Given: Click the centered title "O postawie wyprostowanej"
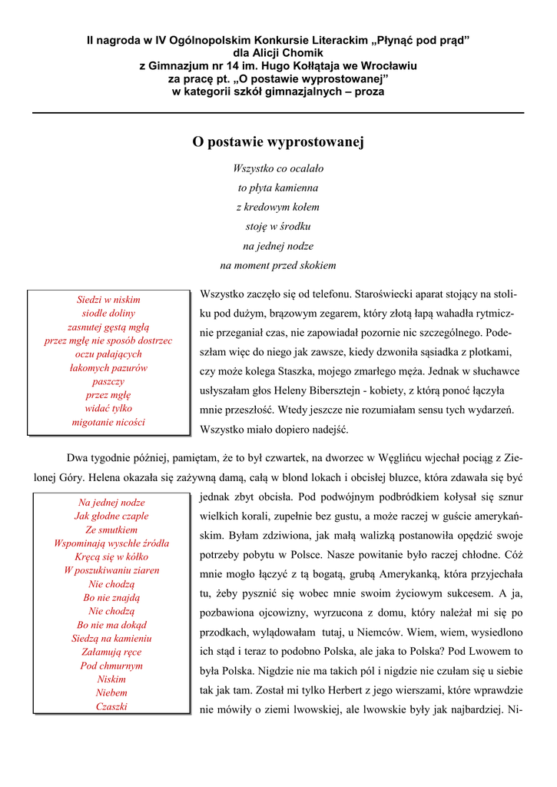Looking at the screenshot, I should click(x=277, y=142).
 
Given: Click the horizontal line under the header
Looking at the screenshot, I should click(x=277, y=113).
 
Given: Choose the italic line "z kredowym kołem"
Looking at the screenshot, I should click(x=277, y=207).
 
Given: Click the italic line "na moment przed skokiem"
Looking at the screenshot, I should click(x=277, y=265).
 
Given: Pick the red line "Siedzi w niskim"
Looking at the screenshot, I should click(x=108, y=300).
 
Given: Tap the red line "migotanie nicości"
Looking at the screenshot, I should click(x=108, y=422).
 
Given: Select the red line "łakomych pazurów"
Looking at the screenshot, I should click(x=108, y=368).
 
